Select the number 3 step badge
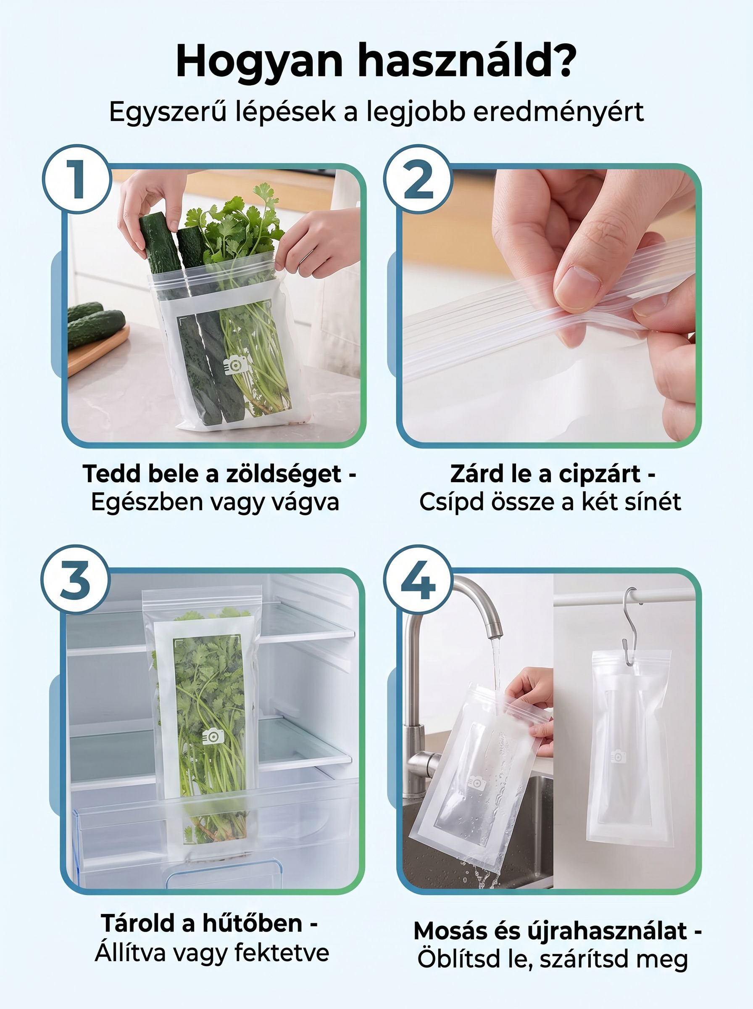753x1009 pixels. pos(75,579)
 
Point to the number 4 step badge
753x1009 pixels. pos(418,579)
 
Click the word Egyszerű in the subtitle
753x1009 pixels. pos(168,113)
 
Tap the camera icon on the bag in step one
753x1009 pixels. pos(236,365)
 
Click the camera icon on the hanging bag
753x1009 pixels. pos(618,756)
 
